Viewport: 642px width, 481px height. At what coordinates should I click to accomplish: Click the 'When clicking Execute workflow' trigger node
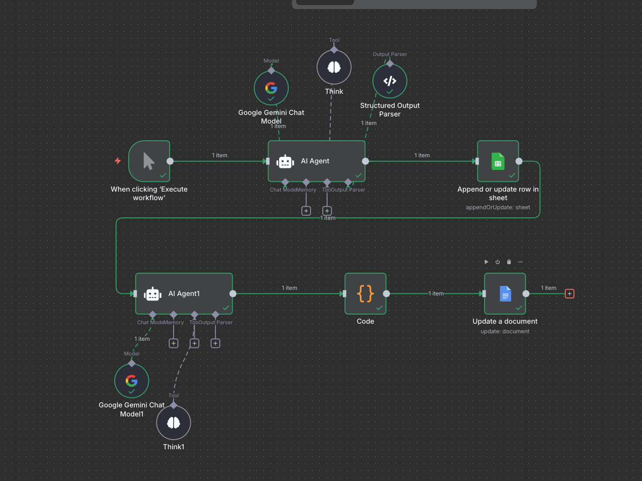(x=149, y=161)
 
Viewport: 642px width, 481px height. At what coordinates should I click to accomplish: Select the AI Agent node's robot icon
(x=285, y=161)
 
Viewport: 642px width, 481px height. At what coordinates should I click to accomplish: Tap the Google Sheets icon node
(x=498, y=161)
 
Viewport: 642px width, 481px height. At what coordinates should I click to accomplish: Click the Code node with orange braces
(x=365, y=293)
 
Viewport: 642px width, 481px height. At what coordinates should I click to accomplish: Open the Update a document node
(x=505, y=293)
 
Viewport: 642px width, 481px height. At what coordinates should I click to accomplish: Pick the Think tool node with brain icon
(x=334, y=67)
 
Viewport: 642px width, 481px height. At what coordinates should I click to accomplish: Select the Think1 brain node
(x=174, y=423)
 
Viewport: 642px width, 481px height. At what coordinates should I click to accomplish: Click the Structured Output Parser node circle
(x=390, y=81)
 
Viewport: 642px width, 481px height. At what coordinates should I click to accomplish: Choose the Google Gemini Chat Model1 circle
(x=132, y=381)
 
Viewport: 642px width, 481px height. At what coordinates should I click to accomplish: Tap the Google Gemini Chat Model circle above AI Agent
(x=271, y=88)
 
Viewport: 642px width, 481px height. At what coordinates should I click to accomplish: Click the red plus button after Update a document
(x=569, y=293)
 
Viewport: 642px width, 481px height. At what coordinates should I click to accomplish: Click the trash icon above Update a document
(x=509, y=262)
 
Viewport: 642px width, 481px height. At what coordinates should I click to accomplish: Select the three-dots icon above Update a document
(x=520, y=262)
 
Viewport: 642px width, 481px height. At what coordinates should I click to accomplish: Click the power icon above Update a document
(x=498, y=262)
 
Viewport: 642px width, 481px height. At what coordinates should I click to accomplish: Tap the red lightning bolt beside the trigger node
(x=118, y=161)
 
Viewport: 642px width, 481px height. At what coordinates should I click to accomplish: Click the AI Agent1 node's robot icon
(x=152, y=294)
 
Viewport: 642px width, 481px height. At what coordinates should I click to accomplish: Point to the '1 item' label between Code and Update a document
(x=436, y=293)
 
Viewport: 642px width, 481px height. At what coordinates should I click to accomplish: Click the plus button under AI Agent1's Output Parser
(x=216, y=343)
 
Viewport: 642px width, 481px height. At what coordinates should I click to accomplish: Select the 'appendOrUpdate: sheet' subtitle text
(x=498, y=207)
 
